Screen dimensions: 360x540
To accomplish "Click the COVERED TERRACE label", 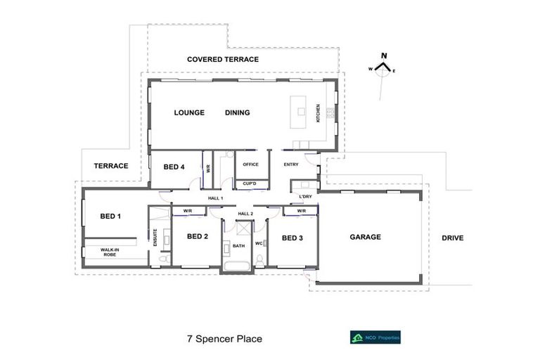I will pos(223,60).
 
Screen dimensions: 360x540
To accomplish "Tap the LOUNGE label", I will pos(189,112).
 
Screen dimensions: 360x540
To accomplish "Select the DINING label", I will pos(237,112).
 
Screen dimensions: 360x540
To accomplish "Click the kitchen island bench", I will pos(301,112).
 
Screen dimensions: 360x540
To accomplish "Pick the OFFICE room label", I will pos(250,165).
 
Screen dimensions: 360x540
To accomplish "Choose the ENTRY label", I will pos(291,165).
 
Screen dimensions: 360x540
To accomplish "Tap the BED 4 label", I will pos(174,167).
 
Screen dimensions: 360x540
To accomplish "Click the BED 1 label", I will pos(110,216).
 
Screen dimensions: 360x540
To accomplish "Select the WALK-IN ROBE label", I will pos(108,252).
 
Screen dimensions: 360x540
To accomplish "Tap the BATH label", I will pos(238,246).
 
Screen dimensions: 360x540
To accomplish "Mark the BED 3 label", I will pos(292,238).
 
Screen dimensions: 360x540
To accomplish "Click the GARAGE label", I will pos(366,237).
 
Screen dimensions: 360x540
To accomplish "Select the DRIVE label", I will pos(452,238).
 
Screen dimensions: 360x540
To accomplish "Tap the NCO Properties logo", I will pos(375,337).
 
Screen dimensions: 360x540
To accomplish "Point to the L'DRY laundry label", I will pos(306,196).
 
